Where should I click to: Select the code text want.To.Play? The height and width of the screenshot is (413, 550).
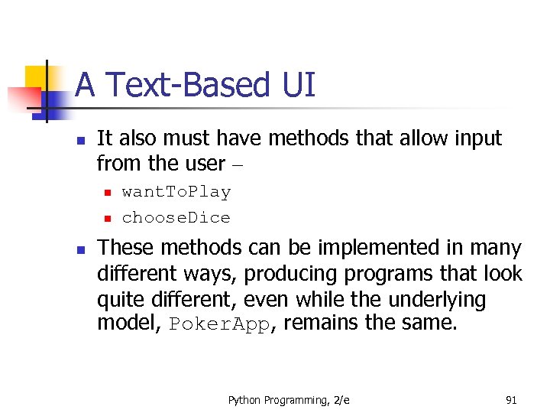[176, 192]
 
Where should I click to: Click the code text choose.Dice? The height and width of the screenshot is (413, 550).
[176, 218]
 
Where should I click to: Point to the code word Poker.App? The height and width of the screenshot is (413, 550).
[220, 324]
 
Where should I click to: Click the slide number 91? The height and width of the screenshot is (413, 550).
[512, 399]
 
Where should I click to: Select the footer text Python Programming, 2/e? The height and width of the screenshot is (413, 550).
[289, 399]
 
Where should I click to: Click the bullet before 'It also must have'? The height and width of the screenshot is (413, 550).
[79, 140]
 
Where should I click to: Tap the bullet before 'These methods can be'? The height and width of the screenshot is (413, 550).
[79, 249]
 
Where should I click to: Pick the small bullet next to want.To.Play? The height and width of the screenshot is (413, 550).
[108, 193]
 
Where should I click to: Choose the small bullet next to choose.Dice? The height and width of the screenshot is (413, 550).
[108, 219]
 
